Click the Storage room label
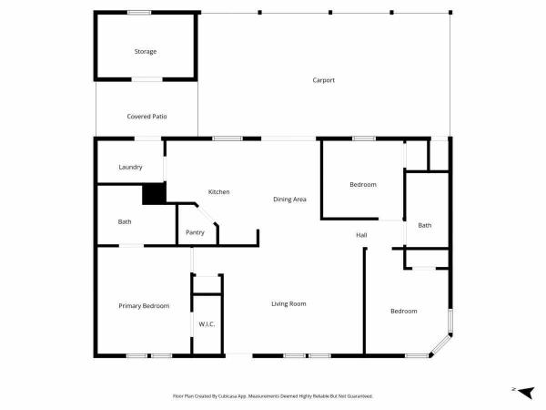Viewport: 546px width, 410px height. (146, 52)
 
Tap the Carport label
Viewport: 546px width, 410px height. (323, 80)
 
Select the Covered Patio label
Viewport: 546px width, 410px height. (147, 117)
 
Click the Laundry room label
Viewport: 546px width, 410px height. (130, 168)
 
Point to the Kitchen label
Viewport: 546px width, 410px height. (218, 191)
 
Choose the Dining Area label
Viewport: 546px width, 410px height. (289, 200)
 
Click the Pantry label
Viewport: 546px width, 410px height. (195, 232)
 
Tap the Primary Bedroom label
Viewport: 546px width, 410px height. (144, 306)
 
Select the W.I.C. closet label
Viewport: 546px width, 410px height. (207, 324)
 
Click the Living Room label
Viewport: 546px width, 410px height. (288, 304)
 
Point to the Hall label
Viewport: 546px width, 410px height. (361, 235)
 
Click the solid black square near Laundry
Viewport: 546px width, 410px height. (154, 193)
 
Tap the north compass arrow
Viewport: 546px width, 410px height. (527, 392)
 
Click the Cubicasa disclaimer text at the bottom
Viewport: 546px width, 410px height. (273, 396)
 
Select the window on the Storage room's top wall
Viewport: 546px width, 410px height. (139, 13)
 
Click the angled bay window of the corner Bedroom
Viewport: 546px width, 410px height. (440, 345)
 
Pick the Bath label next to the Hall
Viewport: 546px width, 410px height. (424, 226)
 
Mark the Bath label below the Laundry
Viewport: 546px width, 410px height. (125, 221)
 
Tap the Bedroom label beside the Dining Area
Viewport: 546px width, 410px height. (363, 184)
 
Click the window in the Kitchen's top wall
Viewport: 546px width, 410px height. (227, 138)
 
